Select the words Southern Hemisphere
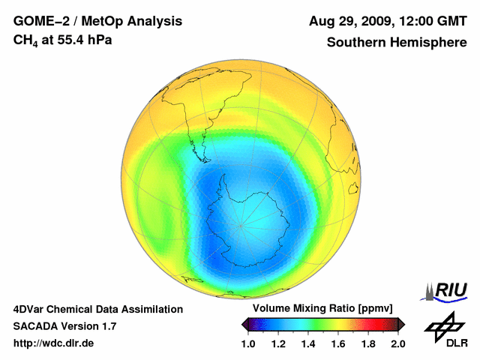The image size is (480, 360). click(x=397, y=42)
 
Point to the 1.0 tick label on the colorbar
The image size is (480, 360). click(x=248, y=343)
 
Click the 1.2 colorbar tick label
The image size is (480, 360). click(x=278, y=343)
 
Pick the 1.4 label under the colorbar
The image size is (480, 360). click(x=308, y=343)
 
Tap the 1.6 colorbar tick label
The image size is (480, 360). click(x=338, y=343)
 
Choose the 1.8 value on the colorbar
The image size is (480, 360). click(x=368, y=343)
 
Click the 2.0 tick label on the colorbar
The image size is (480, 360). click(x=397, y=343)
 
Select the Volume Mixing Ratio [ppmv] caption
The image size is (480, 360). click(x=322, y=309)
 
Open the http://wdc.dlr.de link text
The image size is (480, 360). click(x=54, y=343)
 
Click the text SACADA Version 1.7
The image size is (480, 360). click(x=64, y=326)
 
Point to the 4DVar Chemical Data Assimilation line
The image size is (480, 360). click(x=97, y=309)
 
